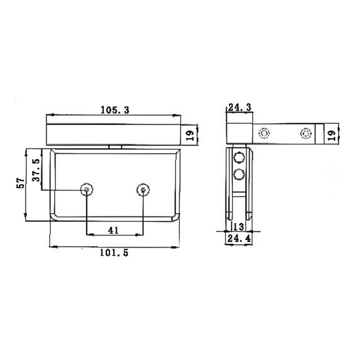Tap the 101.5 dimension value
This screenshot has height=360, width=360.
(x=114, y=253)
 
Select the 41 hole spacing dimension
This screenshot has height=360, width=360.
(x=113, y=230)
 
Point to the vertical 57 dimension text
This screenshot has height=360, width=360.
(x=20, y=184)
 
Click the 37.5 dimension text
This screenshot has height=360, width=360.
(x=36, y=170)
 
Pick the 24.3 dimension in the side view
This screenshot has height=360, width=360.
(x=239, y=107)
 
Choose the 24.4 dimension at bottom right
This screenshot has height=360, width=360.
(x=239, y=239)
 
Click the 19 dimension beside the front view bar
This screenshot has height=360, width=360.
(x=189, y=134)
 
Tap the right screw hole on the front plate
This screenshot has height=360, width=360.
(x=143, y=190)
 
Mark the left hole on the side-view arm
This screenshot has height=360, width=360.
(x=264, y=133)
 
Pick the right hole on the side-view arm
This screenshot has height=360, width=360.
(x=306, y=133)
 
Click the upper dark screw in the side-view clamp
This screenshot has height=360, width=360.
(x=239, y=157)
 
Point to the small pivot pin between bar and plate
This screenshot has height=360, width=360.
(x=116, y=146)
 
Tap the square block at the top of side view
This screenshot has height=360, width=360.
(x=239, y=133)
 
